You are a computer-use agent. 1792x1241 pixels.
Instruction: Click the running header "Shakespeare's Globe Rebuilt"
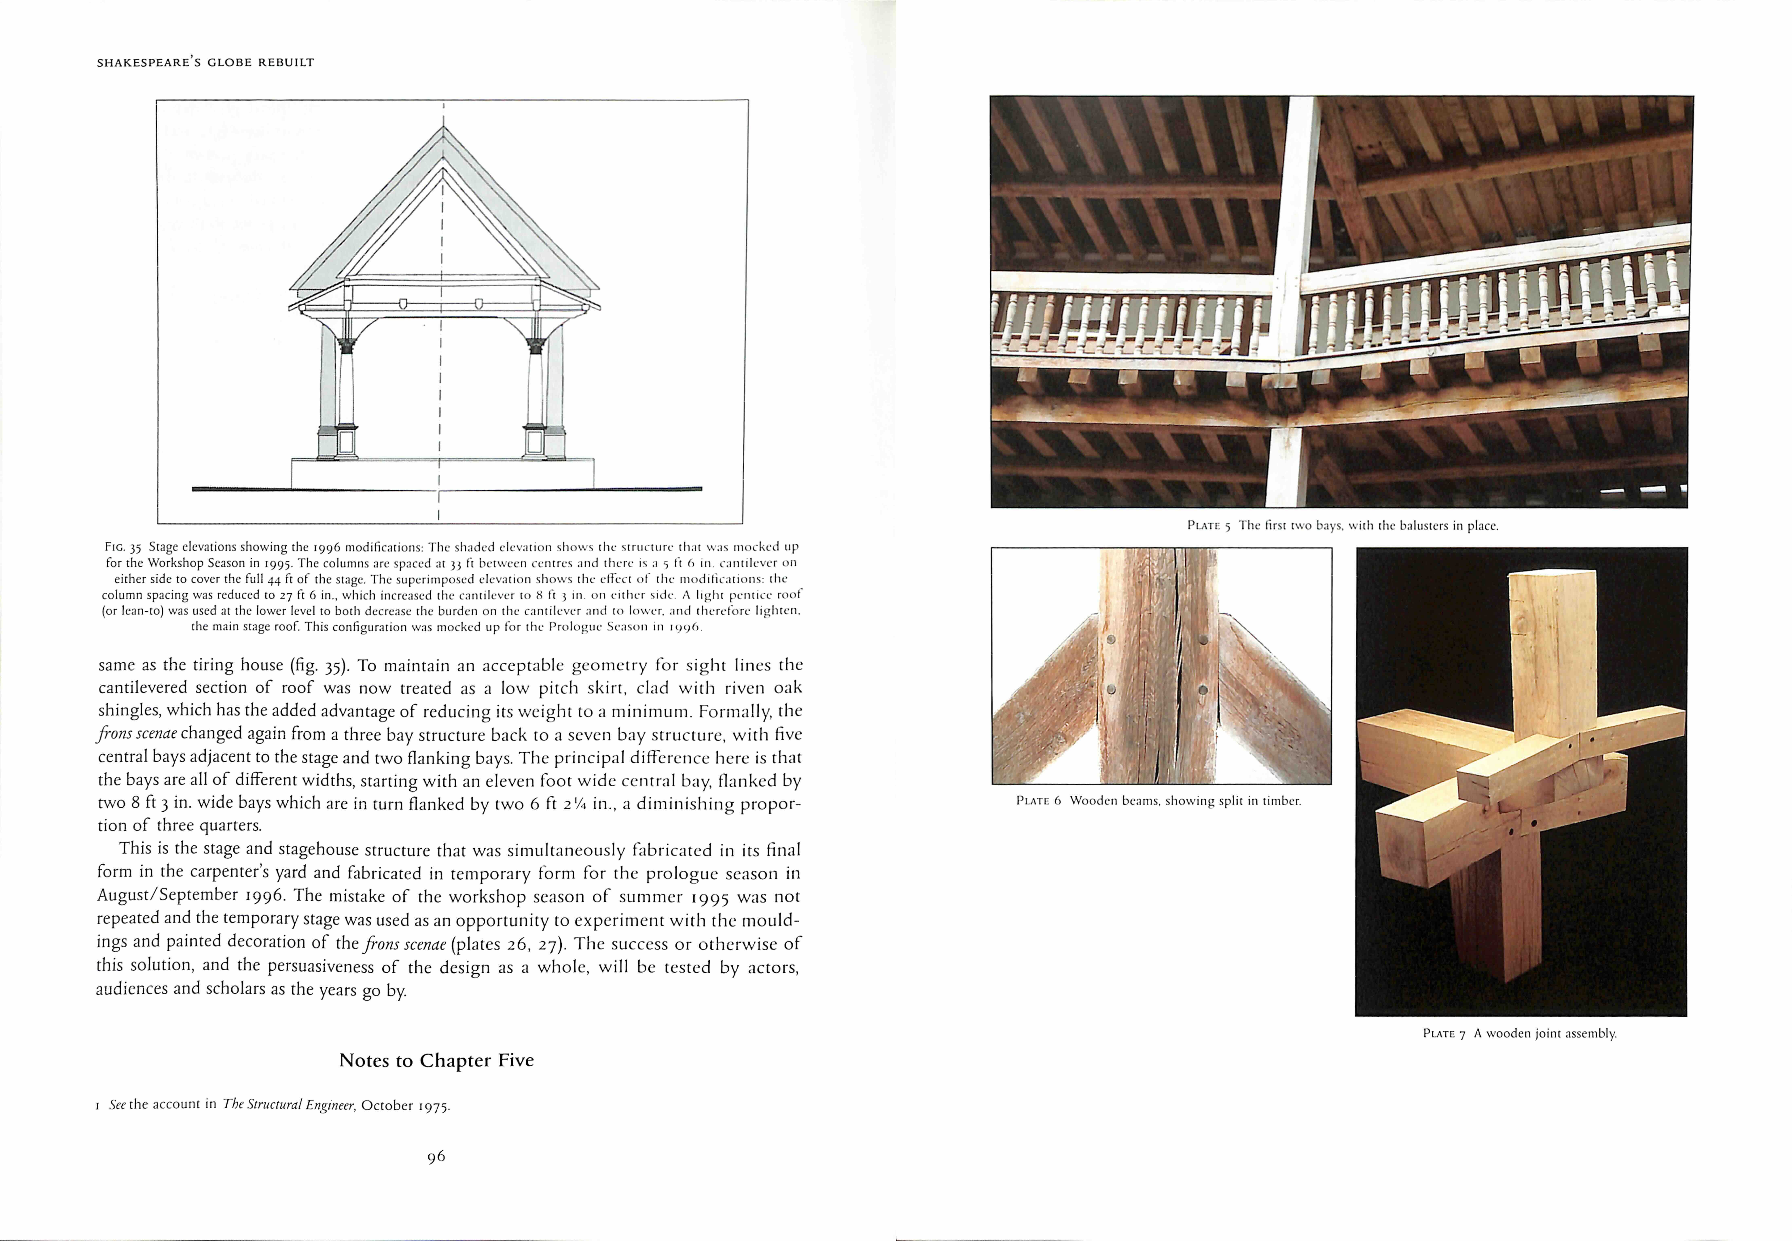(x=205, y=62)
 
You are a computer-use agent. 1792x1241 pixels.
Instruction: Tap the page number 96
(x=436, y=1156)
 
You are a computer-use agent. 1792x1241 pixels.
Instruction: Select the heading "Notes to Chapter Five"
(x=436, y=1061)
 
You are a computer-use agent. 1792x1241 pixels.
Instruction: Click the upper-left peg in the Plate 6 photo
(x=1110, y=640)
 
